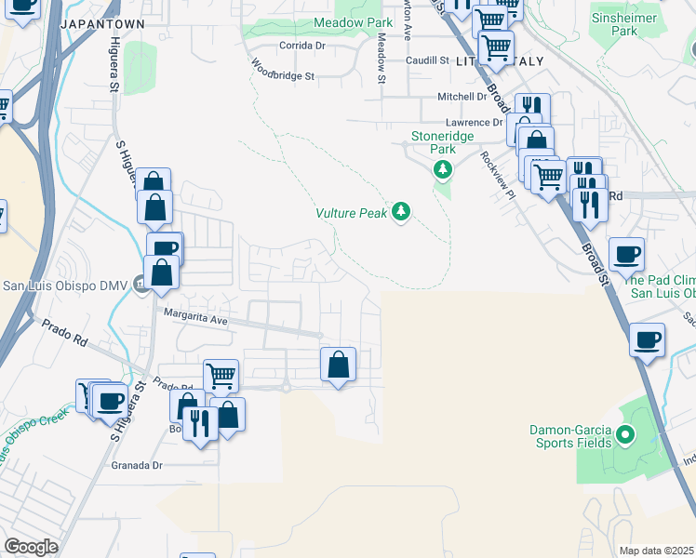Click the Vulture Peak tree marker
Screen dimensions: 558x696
401,213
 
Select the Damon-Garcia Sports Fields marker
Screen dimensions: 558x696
625,434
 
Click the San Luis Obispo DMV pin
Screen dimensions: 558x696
141,284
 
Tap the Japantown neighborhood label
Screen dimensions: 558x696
100,23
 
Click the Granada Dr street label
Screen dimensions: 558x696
137,465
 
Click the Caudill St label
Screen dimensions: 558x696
427,60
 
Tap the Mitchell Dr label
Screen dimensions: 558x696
462,97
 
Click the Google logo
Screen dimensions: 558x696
31,547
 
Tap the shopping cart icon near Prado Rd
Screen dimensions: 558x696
221,376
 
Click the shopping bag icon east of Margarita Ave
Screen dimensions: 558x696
338,365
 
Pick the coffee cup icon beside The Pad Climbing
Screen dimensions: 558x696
626,253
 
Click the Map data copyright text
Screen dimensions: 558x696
657,551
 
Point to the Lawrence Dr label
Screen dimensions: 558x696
473,123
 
